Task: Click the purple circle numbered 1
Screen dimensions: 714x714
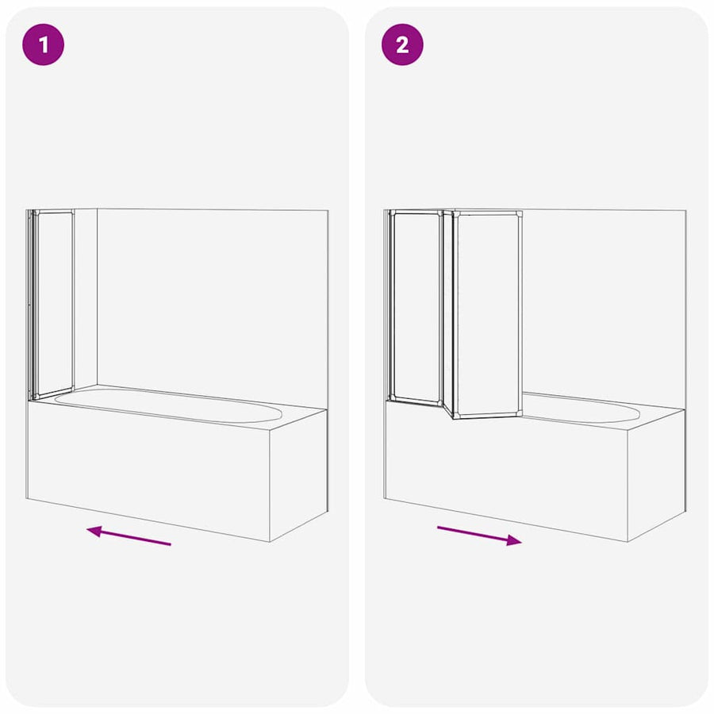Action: [44, 44]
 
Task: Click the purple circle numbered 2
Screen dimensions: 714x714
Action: [402, 44]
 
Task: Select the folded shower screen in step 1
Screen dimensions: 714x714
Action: [51, 304]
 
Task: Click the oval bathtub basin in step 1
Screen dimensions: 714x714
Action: [168, 405]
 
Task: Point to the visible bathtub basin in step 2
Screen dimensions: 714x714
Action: [581, 409]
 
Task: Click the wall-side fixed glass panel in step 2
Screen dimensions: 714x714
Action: [416, 307]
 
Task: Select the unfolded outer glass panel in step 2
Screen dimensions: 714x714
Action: [488, 314]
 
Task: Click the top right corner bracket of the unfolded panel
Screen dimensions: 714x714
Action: [519, 214]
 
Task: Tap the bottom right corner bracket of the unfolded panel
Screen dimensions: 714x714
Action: [518, 413]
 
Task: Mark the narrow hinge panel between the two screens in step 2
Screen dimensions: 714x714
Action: [448, 314]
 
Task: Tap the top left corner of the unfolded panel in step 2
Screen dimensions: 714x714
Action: [455, 212]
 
